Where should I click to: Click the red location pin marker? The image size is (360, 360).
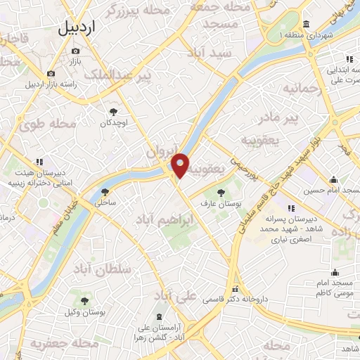point(181,165)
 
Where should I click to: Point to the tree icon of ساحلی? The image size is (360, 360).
point(105,191)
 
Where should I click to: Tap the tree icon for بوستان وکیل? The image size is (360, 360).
point(85,301)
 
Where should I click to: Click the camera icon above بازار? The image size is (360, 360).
point(76,51)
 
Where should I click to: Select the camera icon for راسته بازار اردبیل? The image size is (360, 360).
point(51,73)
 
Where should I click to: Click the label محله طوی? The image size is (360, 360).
point(47,125)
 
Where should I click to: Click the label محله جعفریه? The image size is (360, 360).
point(64,345)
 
